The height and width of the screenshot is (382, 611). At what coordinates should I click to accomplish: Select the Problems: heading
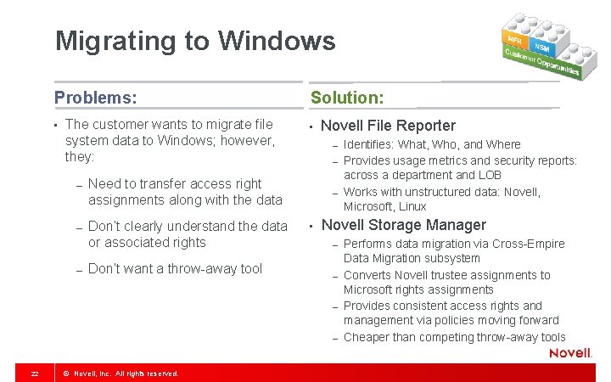pyautogui.click(x=95, y=98)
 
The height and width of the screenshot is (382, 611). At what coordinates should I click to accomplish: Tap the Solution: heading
pyautogui.click(x=347, y=98)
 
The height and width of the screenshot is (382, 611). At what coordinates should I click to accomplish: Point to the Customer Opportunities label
pyautogui.click(x=541, y=62)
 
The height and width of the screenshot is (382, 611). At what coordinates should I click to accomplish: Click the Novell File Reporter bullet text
pyautogui.click(x=388, y=126)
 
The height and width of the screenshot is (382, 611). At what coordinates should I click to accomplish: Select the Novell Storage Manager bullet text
pyautogui.click(x=404, y=225)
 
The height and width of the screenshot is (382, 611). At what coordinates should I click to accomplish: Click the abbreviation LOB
pyautogui.click(x=490, y=175)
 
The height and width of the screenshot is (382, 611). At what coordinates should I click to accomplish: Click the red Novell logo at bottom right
pyautogui.click(x=570, y=353)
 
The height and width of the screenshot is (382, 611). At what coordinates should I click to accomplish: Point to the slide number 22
pyautogui.click(x=34, y=374)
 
